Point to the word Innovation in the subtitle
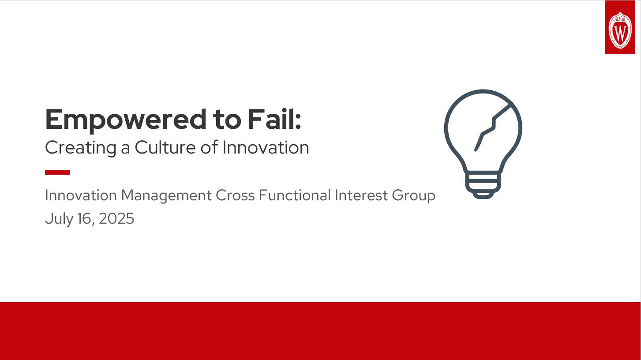click(266, 147)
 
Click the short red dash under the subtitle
click(57, 172)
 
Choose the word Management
click(167, 195)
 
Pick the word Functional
click(295, 195)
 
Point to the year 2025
click(116, 219)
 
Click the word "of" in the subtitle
click(209, 147)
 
